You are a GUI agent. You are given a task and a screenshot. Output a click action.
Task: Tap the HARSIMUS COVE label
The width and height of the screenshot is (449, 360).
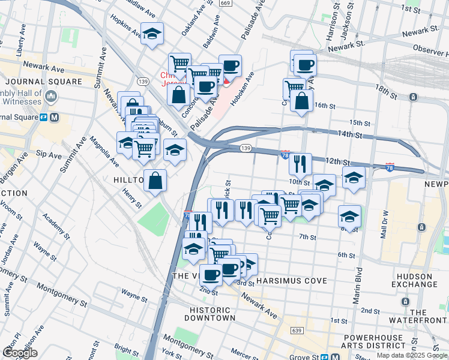[291, 281]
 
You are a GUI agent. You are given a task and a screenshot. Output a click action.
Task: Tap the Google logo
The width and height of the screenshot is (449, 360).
[20, 353]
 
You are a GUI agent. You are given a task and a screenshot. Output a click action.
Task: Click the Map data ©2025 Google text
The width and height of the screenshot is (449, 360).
[411, 355]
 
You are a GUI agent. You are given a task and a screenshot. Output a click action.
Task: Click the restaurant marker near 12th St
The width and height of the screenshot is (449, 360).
[300, 163]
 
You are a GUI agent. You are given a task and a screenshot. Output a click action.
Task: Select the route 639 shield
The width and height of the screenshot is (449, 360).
[296, 330]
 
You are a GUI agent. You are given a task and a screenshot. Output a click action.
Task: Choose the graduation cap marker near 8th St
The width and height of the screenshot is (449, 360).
[349, 217]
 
